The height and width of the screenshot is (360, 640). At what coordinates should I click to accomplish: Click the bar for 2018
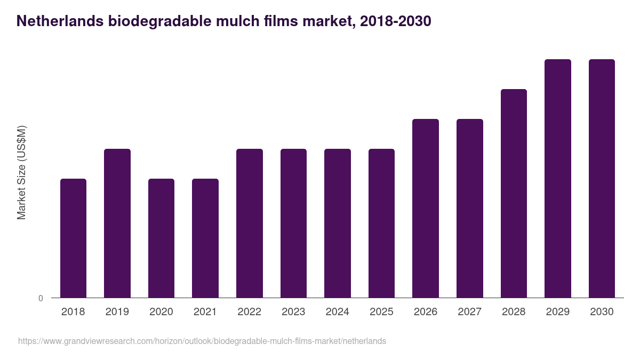(73, 238)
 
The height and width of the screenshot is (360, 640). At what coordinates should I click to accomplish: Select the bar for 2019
(117, 223)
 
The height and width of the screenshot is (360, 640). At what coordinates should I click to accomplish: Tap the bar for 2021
(205, 238)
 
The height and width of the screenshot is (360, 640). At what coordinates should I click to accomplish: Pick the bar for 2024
(338, 223)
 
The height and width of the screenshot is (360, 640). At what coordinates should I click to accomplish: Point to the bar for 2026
(426, 208)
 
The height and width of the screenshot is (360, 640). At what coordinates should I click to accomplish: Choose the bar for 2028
(514, 193)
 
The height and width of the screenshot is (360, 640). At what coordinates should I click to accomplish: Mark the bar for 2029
(558, 178)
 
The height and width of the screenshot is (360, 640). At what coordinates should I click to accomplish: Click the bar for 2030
(602, 178)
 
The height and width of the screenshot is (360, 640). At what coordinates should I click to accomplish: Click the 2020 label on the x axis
(161, 312)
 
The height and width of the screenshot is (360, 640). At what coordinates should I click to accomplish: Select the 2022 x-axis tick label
(249, 312)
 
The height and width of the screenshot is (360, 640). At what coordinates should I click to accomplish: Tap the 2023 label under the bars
(293, 312)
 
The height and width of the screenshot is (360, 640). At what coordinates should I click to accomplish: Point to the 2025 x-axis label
(381, 312)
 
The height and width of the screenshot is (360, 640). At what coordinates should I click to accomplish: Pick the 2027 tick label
(469, 312)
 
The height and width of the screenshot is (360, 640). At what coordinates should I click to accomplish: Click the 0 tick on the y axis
(41, 298)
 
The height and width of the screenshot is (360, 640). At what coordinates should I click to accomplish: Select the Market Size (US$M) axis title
(21, 172)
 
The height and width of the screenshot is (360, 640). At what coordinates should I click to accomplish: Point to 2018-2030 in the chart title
(395, 21)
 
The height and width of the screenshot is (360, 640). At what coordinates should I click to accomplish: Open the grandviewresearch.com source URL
(202, 341)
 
